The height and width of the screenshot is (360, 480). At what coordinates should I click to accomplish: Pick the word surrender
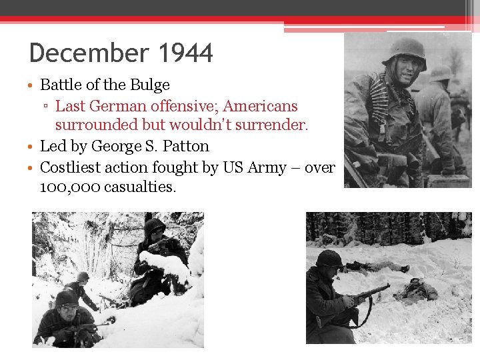tap(273, 125)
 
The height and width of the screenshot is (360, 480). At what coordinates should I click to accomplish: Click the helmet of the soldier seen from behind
tap(440, 73)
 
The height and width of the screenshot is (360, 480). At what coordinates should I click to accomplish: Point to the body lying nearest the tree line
tap(377, 267)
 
